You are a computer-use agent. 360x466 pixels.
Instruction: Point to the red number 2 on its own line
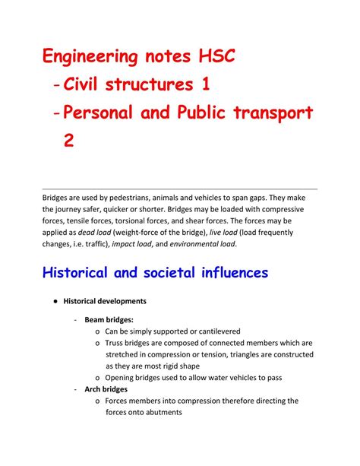tap(69, 143)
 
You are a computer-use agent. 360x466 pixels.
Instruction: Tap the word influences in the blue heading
tap(226, 271)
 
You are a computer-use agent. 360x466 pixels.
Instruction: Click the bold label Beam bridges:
tap(109, 321)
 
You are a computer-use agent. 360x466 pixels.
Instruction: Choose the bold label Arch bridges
tap(106, 389)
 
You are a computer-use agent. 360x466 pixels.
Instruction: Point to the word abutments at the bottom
tap(156, 413)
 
